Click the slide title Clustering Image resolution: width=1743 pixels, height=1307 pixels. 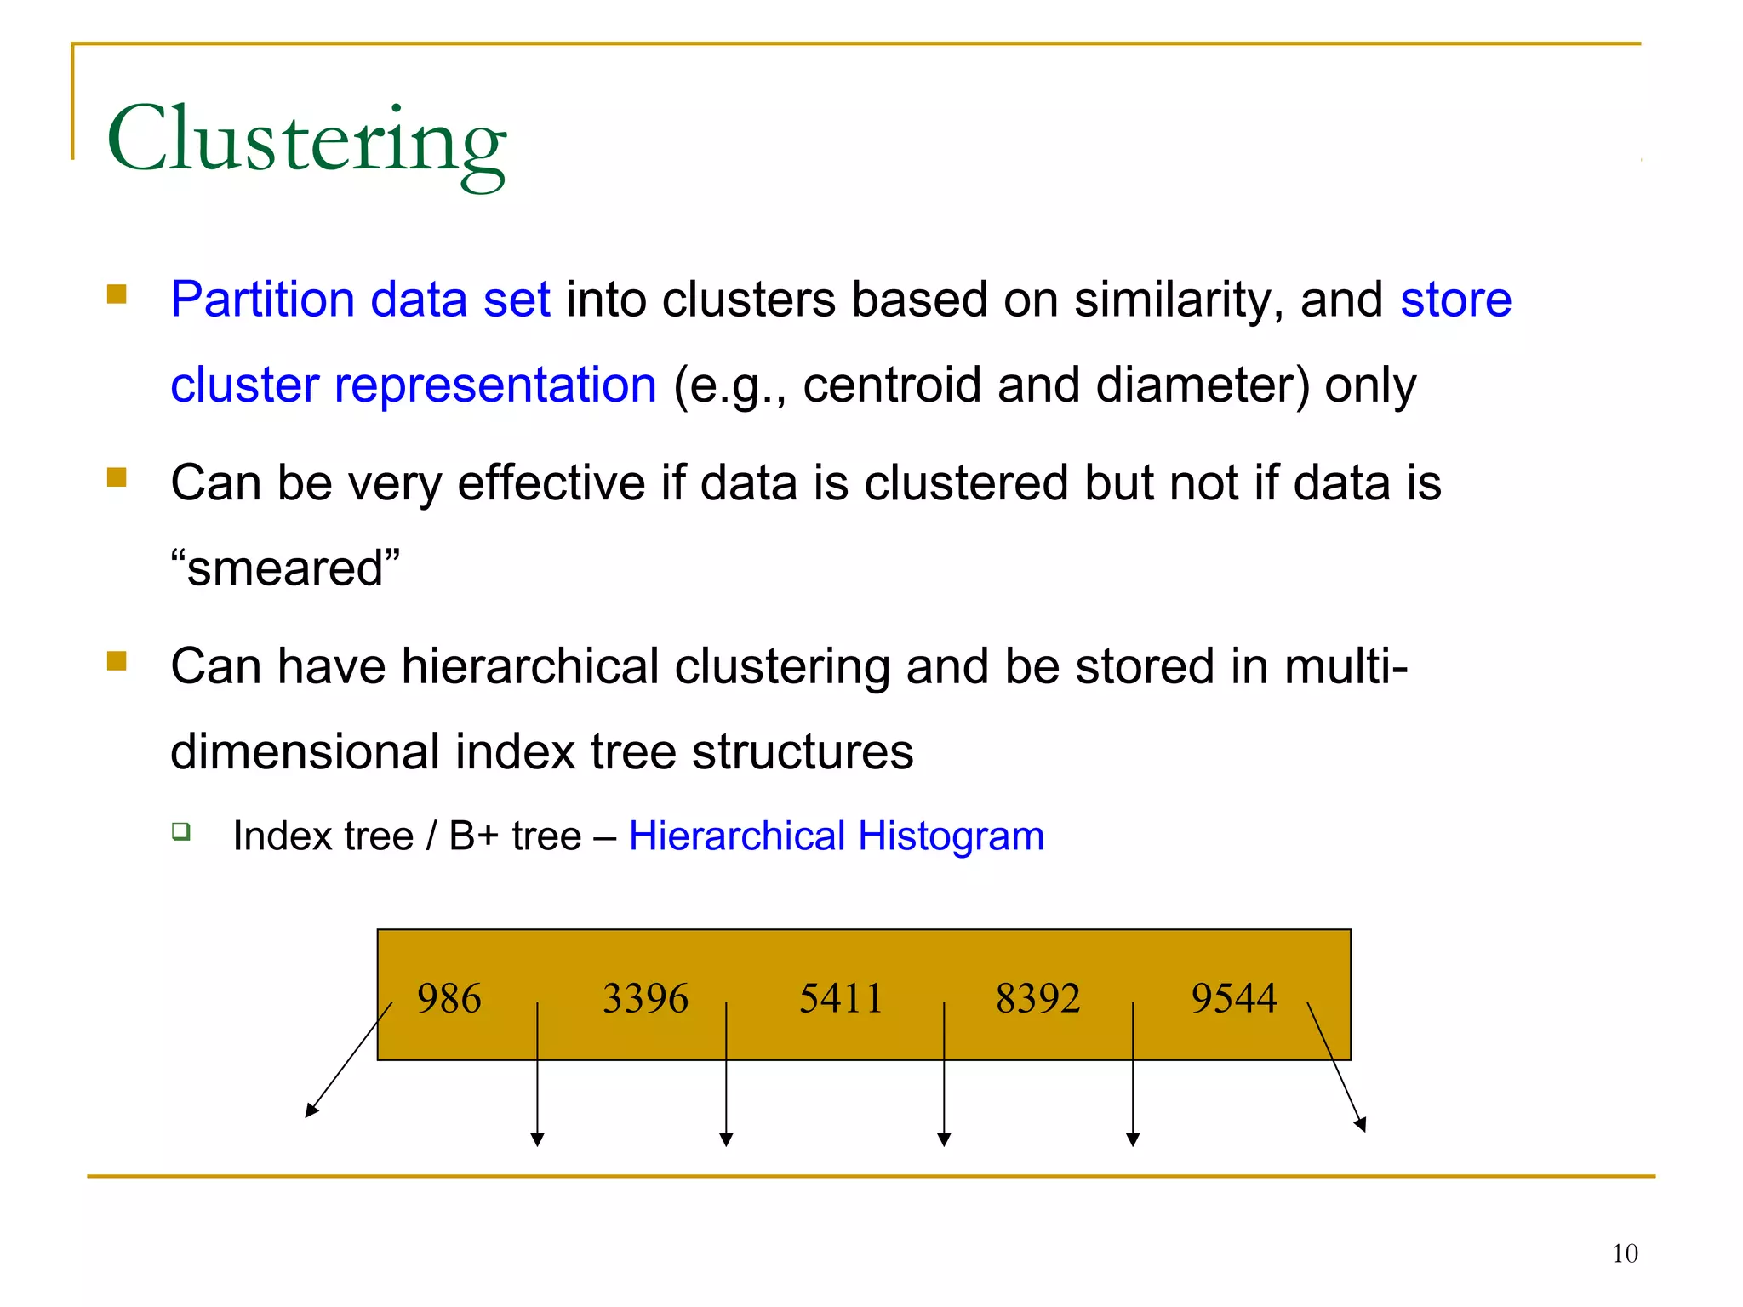click(306, 140)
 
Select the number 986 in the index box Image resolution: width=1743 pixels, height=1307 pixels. click(449, 998)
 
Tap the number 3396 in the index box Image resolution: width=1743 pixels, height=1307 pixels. click(645, 998)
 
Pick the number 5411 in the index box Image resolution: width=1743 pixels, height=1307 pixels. click(841, 998)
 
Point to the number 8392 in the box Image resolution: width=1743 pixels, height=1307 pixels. click(1037, 998)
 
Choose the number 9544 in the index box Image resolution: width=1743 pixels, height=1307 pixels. click(1234, 998)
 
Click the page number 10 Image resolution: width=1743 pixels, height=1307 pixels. click(1625, 1253)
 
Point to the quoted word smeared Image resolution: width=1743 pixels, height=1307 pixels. click(285, 568)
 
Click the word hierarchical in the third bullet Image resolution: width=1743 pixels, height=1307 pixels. click(530, 666)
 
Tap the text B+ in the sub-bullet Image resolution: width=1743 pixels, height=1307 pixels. click(473, 836)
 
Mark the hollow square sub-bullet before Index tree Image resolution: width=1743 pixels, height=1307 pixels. click(180, 831)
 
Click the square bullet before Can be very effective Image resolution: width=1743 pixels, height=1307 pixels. click(117, 477)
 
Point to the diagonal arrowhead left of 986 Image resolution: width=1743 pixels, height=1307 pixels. click(311, 1110)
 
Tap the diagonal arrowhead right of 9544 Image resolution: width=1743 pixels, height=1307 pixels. click(1361, 1125)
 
